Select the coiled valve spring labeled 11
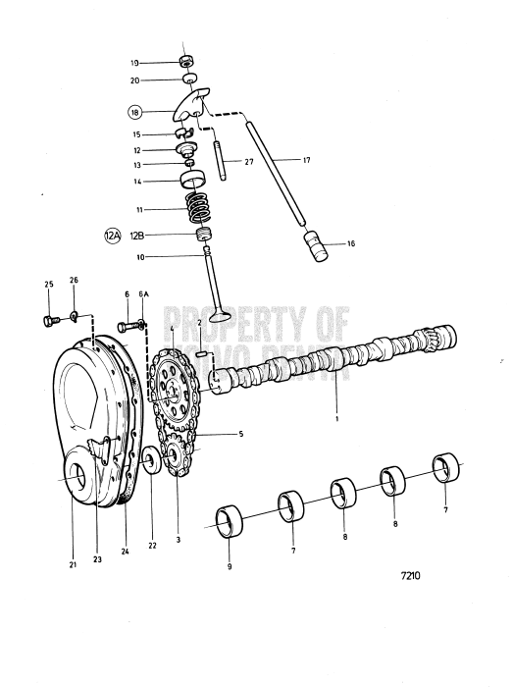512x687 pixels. tap(201, 209)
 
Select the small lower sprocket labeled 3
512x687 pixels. tap(176, 459)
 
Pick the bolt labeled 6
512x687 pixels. tap(124, 325)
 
